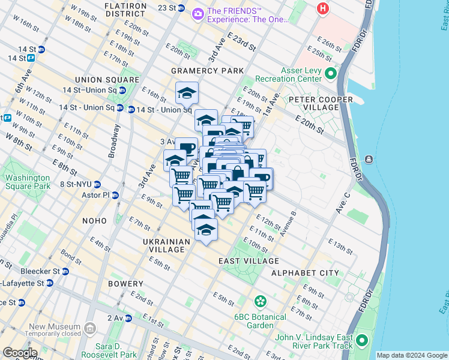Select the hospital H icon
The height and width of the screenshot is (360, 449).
coord(324,9)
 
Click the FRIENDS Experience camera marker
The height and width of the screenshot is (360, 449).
coord(197,13)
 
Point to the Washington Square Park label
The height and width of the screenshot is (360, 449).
coord(27,182)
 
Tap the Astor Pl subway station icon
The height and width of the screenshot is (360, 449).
coord(115,196)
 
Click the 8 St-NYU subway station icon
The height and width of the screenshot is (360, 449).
coord(97,185)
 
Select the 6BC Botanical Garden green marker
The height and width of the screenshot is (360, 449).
coord(260,301)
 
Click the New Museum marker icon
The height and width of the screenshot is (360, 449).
coord(90,328)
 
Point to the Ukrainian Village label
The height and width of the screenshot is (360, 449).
coord(166,245)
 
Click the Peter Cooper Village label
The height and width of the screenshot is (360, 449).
coord(313,103)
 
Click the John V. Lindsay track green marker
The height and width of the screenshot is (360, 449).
coord(362,341)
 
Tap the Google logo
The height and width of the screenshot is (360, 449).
coord(19,353)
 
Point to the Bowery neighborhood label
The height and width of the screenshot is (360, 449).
coord(126,284)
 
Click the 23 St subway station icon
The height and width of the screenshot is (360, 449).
coord(182,8)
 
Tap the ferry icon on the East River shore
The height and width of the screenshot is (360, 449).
coord(368,159)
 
